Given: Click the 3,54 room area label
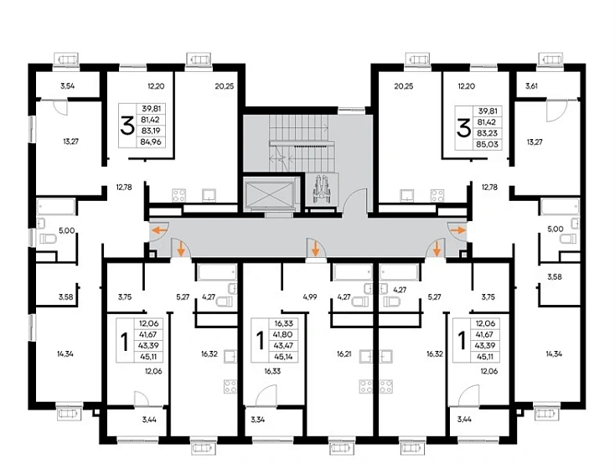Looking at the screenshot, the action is pos(68,86).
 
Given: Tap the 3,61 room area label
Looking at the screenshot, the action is pos(531,86).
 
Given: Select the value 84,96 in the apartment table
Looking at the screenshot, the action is pos(151,142).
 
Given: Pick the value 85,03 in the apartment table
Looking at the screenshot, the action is pos(487,144).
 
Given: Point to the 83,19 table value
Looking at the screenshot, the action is pos(151,131).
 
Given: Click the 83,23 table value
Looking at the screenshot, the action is pos(487,133).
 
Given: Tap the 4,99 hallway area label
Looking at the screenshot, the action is pos(310,296).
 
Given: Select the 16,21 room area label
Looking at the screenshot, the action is pos(344,353).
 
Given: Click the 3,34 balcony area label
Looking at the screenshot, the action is pos(258,420).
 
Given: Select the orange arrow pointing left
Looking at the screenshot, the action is pos(159,230).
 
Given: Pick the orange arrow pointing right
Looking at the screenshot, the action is pos(457,230).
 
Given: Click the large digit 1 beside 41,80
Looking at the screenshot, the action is pos(259,340).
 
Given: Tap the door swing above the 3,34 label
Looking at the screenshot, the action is pos(266,395).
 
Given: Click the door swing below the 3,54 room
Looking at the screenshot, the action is pos(60,107).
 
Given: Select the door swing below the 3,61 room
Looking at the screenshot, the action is pos(556,111).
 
